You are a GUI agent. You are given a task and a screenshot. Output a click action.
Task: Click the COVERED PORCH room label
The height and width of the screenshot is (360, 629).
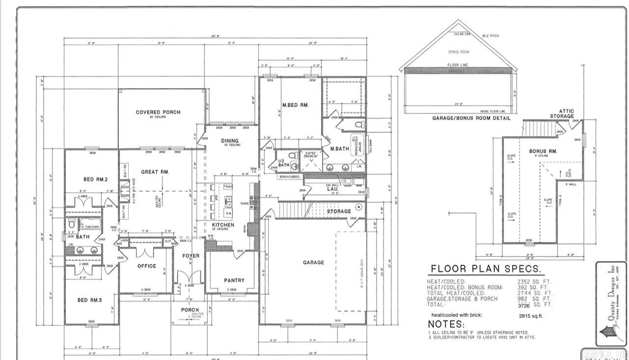click(x=158, y=112)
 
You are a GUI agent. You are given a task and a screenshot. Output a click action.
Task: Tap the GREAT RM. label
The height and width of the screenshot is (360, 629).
click(x=155, y=172)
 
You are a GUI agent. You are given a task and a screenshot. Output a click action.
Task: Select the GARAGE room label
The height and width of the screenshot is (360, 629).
click(x=313, y=262)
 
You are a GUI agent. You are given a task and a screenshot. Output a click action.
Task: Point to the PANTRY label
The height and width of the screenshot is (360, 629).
click(x=234, y=280)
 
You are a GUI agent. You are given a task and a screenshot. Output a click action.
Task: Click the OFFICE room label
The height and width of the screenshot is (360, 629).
click(x=146, y=266)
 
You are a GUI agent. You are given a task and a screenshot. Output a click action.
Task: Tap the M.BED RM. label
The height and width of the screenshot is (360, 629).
click(x=295, y=105)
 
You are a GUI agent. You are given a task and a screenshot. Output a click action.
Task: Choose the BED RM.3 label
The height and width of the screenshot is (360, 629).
click(x=89, y=300)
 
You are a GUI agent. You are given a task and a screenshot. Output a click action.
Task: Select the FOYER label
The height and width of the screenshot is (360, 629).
click(x=191, y=256)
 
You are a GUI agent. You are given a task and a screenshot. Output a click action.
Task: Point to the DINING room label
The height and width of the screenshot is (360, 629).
click(x=229, y=141)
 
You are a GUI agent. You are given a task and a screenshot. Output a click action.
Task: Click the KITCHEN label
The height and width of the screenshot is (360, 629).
click(x=223, y=225)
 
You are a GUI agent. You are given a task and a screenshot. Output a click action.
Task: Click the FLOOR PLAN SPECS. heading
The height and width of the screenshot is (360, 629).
click(x=486, y=269)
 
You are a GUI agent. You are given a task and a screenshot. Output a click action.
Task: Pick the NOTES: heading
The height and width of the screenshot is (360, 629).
click(x=446, y=324)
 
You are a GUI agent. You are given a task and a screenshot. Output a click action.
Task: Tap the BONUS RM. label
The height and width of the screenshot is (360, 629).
click(x=543, y=151)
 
